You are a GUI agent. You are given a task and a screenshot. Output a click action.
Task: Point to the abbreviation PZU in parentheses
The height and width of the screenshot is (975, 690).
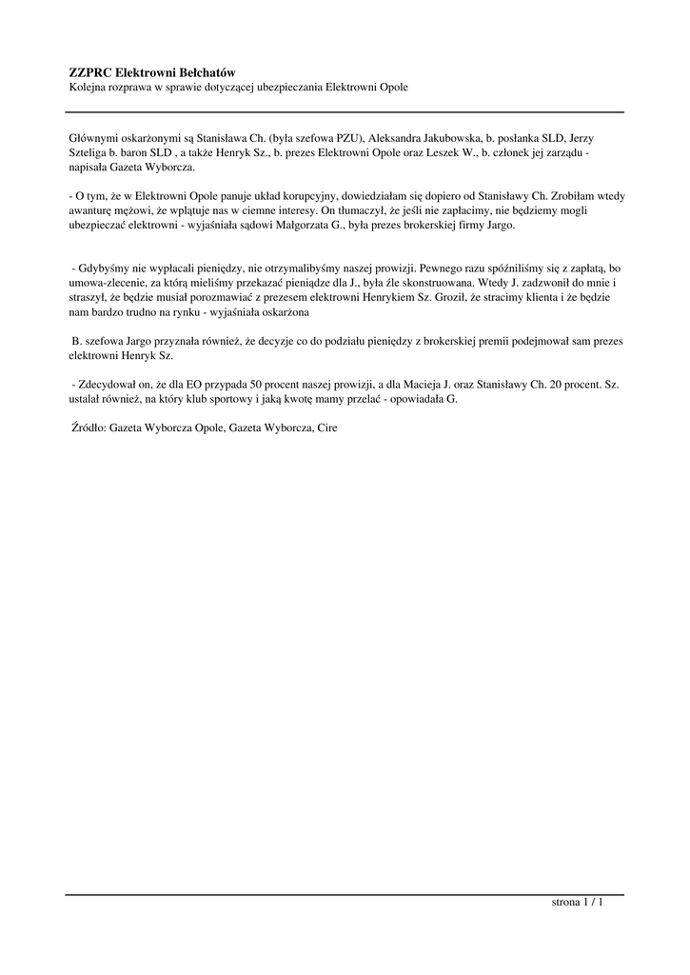pyautogui.click(x=345, y=137)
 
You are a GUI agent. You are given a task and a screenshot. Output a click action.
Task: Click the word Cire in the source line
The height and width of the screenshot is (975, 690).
pyautogui.click(x=327, y=428)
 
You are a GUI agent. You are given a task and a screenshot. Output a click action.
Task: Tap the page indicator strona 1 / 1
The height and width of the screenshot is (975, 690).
pyautogui.click(x=578, y=902)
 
